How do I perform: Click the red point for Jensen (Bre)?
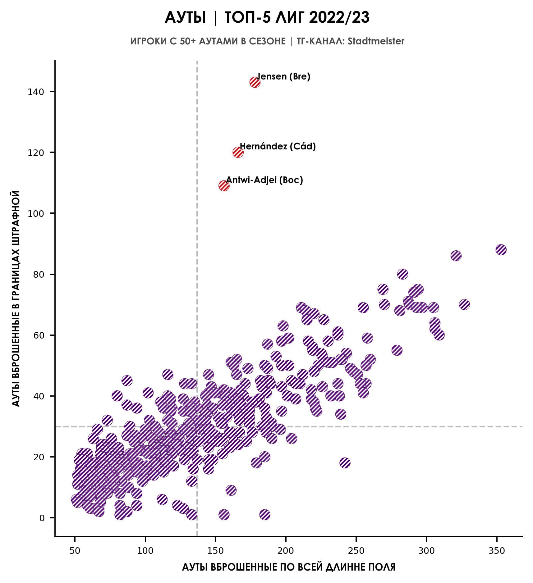(255, 82)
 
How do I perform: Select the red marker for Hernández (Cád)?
(238, 153)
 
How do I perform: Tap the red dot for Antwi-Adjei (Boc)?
(224, 186)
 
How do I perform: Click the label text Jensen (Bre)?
(283, 76)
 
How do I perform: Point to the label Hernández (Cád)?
(278, 146)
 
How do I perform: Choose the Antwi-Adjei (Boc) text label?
(264, 180)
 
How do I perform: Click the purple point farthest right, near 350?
(501, 250)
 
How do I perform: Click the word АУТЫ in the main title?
(185, 18)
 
